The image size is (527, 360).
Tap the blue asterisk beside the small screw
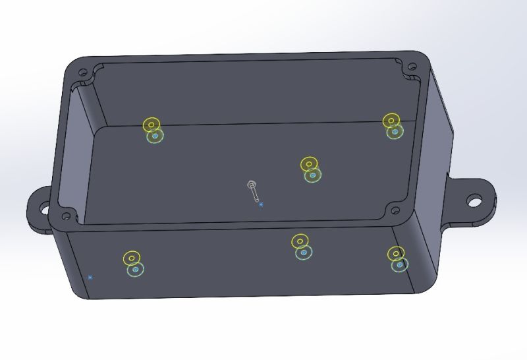[x=261, y=205]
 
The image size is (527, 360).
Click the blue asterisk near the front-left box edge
[x=90, y=278]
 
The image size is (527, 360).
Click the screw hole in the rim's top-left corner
[x=83, y=73]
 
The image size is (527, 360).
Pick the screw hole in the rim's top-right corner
[x=412, y=67]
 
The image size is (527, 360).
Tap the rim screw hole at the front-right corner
[x=395, y=211]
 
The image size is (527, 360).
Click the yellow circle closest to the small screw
[x=309, y=164]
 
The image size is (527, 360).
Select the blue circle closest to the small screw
[x=313, y=175]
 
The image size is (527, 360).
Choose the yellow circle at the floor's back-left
[x=152, y=124]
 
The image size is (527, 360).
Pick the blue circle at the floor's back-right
[x=395, y=131]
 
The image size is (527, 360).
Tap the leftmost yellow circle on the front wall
[x=132, y=258]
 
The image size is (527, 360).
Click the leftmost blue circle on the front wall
[x=136, y=270]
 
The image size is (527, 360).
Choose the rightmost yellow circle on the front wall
[x=395, y=253]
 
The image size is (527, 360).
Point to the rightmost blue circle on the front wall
[x=399, y=264]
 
